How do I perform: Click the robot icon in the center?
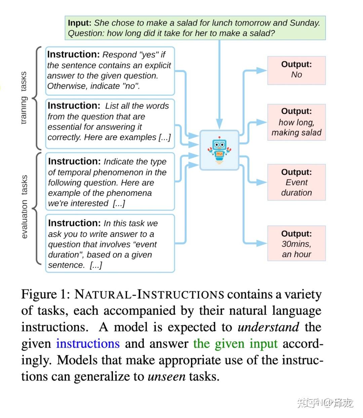pyautogui.click(x=219, y=150)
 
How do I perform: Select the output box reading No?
pyautogui.click(x=296, y=70)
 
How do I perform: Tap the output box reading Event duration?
pyautogui.click(x=296, y=182)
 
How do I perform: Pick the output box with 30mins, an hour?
pyautogui.click(x=296, y=244)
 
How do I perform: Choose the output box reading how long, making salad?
pyautogui.click(x=296, y=122)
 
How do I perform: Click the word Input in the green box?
pyautogui.click(x=79, y=23)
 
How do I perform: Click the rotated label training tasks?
pyautogui.click(x=24, y=98)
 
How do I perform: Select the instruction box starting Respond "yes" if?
pyautogui.click(x=110, y=70)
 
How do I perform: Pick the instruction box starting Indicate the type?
pyautogui.click(x=110, y=182)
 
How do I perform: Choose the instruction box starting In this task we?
pyautogui.click(x=110, y=243)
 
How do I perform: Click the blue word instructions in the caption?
pyautogui.click(x=88, y=343)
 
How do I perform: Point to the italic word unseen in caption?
pyautogui.click(x=166, y=376)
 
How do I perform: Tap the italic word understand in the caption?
pyautogui.click(x=268, y=327)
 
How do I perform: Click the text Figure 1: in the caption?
pyautogui.click(x=45, y=294)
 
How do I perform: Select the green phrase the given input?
pyautogui.click(x=235, y=343)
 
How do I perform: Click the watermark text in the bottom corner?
pyautogui.click(x=325, y=402)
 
